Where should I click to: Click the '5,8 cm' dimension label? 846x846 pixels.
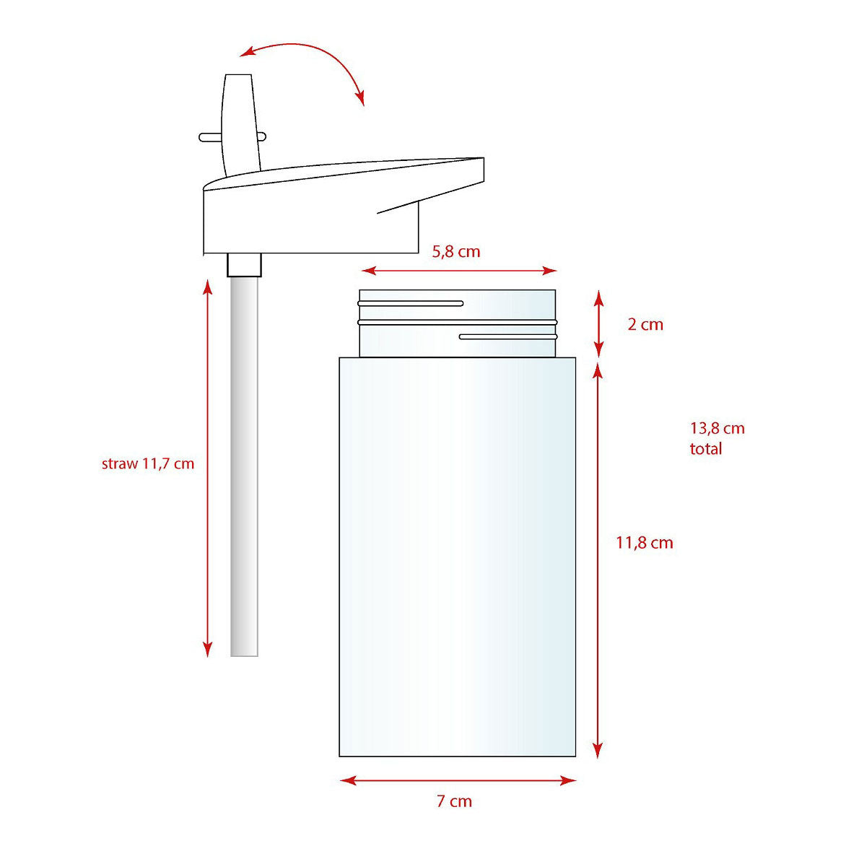(456, 252)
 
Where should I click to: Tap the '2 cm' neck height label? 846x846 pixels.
(645, 324)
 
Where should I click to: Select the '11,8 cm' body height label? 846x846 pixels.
(645, 543)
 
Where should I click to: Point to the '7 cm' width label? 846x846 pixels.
(454, 801)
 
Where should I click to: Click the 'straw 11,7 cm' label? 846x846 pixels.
(148, 464)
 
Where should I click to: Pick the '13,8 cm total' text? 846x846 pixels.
(717, 439)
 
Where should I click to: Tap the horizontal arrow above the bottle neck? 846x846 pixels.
(458, 271)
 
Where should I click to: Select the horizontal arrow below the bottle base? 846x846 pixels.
(458, 780)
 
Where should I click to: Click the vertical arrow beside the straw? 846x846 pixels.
(208, 468)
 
